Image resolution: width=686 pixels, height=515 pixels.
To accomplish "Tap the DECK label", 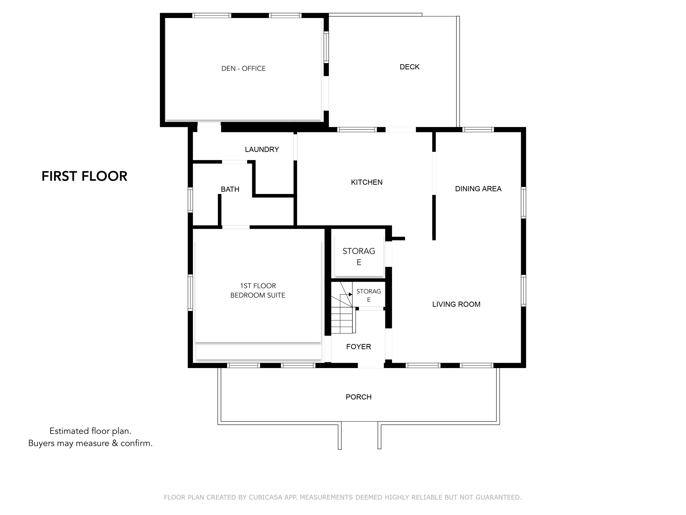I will pos(409,67).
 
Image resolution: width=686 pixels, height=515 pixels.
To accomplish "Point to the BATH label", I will pos(230,189).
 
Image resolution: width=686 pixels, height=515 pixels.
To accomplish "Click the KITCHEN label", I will pos(367,182).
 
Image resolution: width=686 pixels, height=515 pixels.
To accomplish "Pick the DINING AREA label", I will pos(478,189).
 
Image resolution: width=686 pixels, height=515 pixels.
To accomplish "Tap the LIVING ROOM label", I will pos(456,304).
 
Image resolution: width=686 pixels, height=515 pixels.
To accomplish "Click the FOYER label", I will pos(359,347).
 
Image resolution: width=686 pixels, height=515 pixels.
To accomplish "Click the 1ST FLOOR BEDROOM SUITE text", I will pos(258,290).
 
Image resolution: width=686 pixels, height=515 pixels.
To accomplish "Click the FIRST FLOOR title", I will pos(84,176).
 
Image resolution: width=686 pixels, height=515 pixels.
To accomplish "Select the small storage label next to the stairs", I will pos(368,295).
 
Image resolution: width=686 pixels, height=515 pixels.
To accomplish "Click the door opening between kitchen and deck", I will pos(400,130).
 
